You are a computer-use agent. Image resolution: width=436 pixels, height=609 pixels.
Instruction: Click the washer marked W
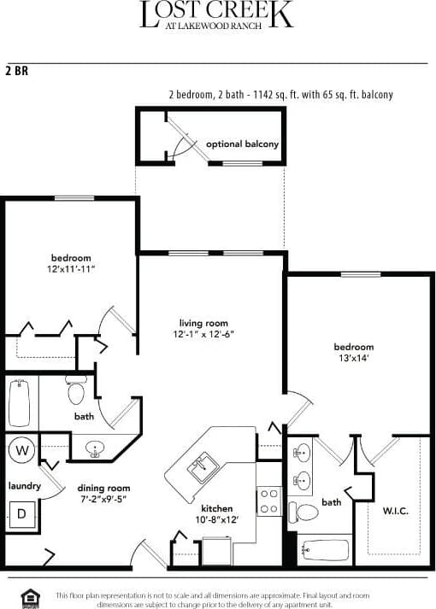click(x=21, y=449)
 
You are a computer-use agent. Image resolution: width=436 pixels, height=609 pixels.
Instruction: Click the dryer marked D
click(x=21, y=514)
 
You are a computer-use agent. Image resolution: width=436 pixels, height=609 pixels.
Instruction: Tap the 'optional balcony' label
click(x=243, y=144)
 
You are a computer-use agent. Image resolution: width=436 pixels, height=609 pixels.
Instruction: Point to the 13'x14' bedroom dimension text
click(x=354, y=359)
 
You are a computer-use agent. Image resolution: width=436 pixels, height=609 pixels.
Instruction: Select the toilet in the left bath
click(x=76, y=392)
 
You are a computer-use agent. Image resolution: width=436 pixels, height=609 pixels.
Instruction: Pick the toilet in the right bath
click(x=306, y=512)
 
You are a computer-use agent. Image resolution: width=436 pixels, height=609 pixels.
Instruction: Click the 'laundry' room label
click(x=24, y=486)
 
